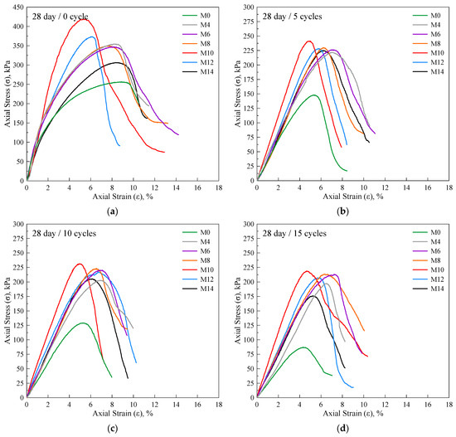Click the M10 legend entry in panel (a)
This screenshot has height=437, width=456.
click(x=198, y=53)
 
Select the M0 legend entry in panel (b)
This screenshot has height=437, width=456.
click(x=427, y=16)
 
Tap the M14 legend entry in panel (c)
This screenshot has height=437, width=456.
click(x=198, y=289)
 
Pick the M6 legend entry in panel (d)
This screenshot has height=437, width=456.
click(x=427, y=251)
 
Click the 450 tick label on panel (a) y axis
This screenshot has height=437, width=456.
click(x=18, y=7)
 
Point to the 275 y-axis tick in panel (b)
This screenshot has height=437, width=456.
click(x=249, y=22)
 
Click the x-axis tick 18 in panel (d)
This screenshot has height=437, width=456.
click(x=449, y=405)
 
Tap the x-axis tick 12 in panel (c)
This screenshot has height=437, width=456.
click(x=155, y=405)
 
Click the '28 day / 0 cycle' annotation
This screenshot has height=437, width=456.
click(x=61, y=17)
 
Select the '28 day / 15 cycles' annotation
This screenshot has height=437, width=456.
click(x=294, y=233)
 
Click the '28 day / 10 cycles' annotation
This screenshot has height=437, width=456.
click(x=64, y=233)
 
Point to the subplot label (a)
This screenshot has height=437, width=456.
click(x=113, y=211)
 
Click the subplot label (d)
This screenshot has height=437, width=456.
click(x=342, y=428)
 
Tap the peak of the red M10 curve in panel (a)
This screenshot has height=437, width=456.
click(x=84, y=19)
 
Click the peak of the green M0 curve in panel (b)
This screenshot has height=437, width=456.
click(x=313, y=95)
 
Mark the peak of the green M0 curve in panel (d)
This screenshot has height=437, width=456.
click(x=303, y=347)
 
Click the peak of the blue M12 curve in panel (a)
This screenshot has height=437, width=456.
click(x=92, y=36)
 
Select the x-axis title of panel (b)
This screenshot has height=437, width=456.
click(x=352, y=197)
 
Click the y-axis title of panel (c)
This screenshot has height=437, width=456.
click(x=7, y=310)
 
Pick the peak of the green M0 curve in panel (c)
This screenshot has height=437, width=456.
click(x=83, y=323)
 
